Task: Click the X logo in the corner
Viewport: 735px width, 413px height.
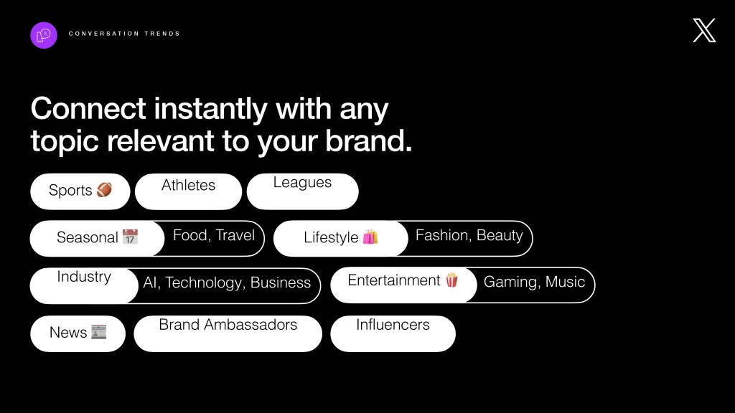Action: point(704,30)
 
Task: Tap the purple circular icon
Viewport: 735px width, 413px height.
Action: point(44,35)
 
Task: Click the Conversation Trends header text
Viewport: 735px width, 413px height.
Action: point(124,34)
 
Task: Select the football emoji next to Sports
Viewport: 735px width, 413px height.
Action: point(104,189)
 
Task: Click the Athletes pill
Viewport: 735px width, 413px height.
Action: point(189,191)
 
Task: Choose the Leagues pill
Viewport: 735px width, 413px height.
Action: point(303,191)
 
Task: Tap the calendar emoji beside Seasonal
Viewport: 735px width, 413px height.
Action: point(131,237)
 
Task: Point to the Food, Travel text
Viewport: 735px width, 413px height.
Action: point(214,235)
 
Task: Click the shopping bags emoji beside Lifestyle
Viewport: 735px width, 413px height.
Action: point(370,237)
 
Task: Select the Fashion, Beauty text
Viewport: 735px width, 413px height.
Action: point(469,235)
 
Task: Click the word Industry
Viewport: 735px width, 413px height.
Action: point(84,277)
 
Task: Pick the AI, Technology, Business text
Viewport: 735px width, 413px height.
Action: point(227,283)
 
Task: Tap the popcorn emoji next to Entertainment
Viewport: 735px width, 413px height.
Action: point(452,280)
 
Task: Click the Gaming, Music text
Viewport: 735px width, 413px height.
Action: point(534,282)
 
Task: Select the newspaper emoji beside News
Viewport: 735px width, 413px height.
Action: point(99,332)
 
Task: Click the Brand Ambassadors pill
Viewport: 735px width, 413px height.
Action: point(228,334)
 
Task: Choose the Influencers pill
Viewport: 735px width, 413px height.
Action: point(393,334)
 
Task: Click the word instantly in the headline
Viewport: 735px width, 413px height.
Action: point(210,109)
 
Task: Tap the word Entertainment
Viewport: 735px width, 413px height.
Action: point(394,280)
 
